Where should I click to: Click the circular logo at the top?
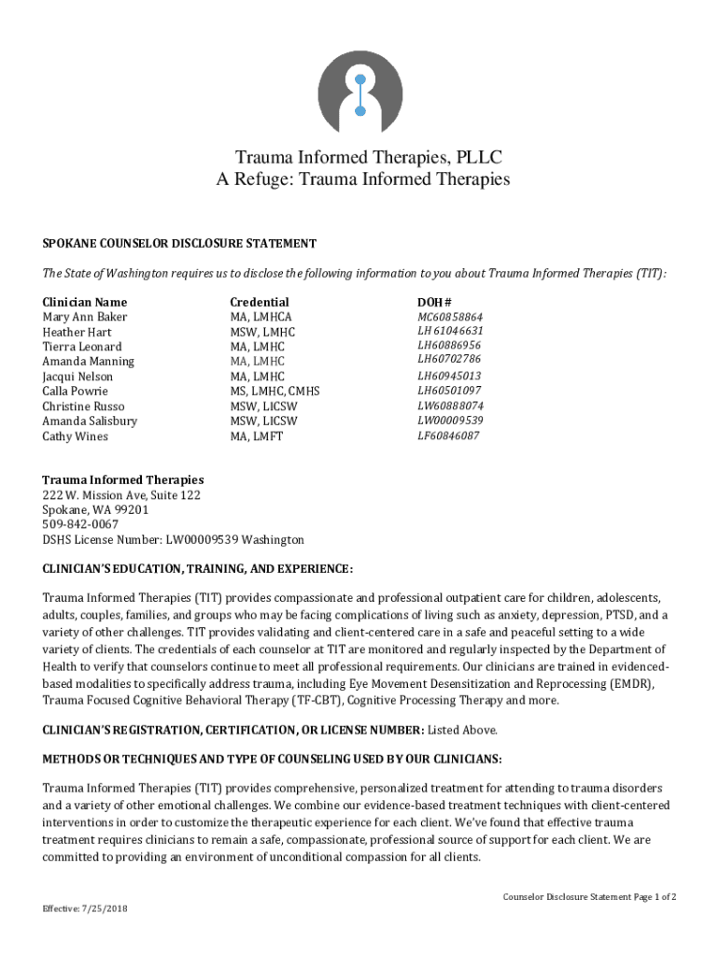pos(360,92)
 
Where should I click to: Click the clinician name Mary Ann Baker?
pos(85,317)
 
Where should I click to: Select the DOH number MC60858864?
pos(450,317)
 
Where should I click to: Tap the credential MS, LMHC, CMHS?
pos(275,392)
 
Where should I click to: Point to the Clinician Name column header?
pos(85,302)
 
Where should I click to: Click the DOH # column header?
pos(434,302)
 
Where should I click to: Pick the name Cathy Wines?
pos(75,436)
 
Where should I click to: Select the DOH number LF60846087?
pos(449,436)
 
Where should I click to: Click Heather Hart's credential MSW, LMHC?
pos(262,332)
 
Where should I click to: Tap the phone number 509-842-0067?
pos(80,524)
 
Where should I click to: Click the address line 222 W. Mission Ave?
pos(121,494)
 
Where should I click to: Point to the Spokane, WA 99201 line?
pos(95,509)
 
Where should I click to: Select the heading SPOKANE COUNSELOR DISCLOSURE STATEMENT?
pos(179,243)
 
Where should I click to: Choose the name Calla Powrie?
pos(75,392)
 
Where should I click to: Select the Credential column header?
pos(260,302)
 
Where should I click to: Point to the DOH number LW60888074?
pos(450,407)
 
